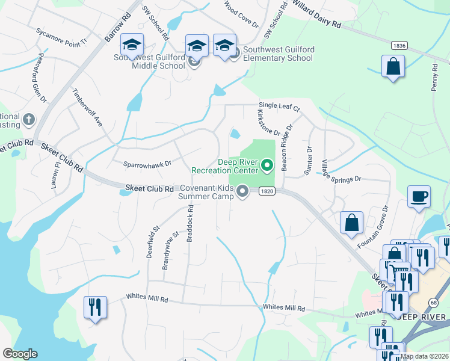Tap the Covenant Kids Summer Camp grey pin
pyautogui.click(x=242, y=192)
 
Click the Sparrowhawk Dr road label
pyautogui.click(x=147, y=163)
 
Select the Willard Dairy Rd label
pyautogui.click(x=316, y=14)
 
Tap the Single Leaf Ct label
pyautogui.click(x=279, y=106)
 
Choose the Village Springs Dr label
pyautogui.click(x=341, y=171)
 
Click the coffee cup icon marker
pyautogui.click(x=419, y=196)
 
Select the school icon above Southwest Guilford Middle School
pyautogui.click(x=132, y=45)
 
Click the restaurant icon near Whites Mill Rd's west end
pyautogui.click(x=95, y=307)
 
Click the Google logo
pyautogui.click(x=20, y=354)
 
